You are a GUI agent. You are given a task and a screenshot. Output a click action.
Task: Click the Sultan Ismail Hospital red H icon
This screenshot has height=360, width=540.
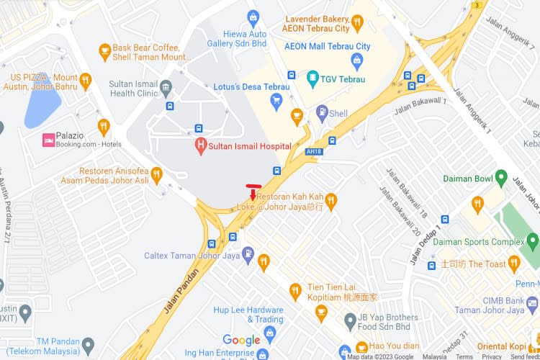[x=201, y=145]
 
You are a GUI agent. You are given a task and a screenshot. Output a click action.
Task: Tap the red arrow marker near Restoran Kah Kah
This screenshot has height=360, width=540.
[x=253, y=194]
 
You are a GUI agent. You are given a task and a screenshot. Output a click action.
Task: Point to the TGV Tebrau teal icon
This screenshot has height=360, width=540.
[x=312, y=76]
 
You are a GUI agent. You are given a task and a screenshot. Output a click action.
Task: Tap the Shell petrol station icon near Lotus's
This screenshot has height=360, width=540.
[x=322, y=113]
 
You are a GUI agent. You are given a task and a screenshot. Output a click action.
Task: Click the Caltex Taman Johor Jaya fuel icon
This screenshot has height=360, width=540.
[x=248, y=254]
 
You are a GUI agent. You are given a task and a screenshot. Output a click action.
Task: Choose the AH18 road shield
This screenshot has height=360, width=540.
[x=313, y=152]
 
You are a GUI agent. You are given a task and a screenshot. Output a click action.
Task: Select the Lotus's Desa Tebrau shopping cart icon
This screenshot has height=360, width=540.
[x=276, y=102]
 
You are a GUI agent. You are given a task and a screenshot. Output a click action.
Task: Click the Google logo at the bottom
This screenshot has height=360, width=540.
[x=241, y=340]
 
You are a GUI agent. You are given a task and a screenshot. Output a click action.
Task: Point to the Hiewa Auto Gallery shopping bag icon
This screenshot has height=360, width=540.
[x=253, y=17]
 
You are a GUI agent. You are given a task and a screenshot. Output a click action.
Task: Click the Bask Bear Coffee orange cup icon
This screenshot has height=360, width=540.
[x=105, y=50]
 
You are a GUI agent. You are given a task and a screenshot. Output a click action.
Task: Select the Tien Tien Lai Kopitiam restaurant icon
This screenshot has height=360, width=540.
[x=294, y=291]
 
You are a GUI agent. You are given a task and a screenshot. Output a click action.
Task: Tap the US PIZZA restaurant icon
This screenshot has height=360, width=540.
[x=86, y=81]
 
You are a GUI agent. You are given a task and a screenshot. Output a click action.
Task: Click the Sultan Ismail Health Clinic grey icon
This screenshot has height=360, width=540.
[x=167, y=89]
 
